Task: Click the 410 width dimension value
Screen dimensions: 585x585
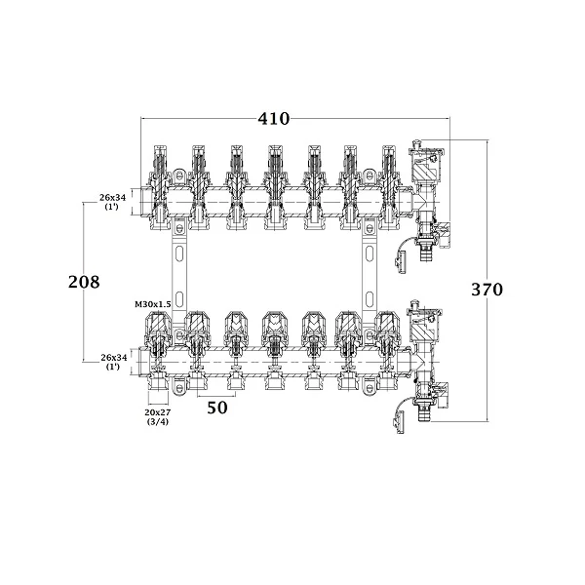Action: pos(273,119)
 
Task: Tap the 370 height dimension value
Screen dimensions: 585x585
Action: pos(487,290)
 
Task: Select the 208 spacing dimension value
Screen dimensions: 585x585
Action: pos(84,282)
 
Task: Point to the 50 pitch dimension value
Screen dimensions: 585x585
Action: pos(217,408)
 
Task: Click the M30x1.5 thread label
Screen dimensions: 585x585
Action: pos(153,304)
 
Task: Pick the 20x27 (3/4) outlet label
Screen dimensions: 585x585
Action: pos(158,416)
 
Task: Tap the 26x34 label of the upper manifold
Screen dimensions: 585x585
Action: pos(112,202)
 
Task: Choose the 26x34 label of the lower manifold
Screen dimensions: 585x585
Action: pos(114,362)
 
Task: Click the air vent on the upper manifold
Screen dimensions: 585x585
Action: pos(426,161)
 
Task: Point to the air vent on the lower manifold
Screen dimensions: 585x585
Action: pos(425,321)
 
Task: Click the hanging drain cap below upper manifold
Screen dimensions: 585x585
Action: pos(402,262)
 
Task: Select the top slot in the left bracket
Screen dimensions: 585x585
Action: pos(179,253)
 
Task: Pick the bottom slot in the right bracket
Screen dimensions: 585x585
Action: pos(369,299)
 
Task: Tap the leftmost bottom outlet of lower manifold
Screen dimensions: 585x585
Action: pos(158,383)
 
